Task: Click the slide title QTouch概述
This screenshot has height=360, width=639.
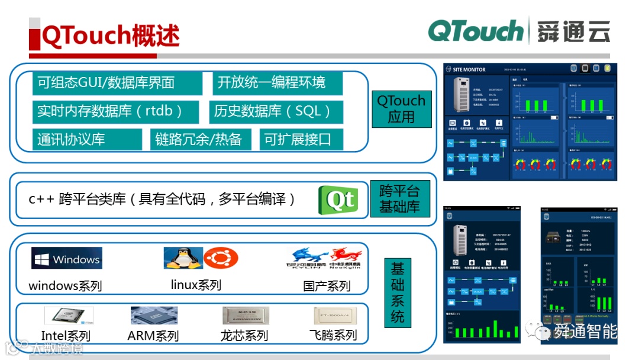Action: (x=111, y=36)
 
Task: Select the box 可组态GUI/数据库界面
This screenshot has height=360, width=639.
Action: (x=117, y=83)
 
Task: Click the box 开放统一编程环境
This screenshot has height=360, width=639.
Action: (x=277, y=83)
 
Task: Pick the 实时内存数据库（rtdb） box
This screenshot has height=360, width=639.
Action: (x=117, y=111)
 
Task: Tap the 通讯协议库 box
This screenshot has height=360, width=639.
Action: (x=87, y=139)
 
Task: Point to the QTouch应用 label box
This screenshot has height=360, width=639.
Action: (x=401, y=109)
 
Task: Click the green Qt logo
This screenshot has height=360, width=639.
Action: (x=338, y=200)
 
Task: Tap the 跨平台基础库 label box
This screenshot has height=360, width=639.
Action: (x=399, y=199)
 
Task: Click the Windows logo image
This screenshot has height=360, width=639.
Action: (x=67, y=259)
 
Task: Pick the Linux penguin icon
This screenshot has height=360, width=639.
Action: (x=183, y=258)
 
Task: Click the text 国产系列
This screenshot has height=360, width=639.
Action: (x=327, y=286)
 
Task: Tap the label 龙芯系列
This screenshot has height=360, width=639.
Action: (x=244, y=336)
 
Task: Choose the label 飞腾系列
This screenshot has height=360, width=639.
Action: (x=333, y=335)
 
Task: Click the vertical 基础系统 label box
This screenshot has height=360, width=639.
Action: (x=398, y=292)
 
